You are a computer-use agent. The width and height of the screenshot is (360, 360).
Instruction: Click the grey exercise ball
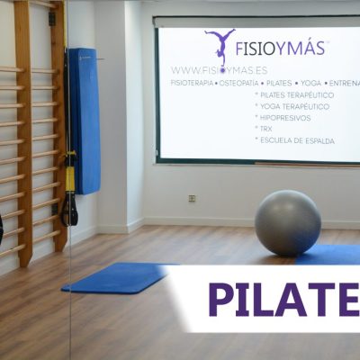point(287,222)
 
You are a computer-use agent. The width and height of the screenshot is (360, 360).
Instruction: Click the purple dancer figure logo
point(220,45)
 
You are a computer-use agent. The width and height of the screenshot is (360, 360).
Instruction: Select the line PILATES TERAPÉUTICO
point(295,94)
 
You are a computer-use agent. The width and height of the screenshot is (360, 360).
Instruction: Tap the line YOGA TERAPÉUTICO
point(292,106)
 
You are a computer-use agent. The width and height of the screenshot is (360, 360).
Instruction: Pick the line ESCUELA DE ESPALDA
point(293,140)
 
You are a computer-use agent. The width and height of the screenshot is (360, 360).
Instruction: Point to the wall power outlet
point(192,198)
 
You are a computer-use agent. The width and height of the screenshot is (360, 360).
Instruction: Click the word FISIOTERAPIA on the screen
point(193,82)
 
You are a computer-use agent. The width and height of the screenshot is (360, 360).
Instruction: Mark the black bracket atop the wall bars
point(52,17)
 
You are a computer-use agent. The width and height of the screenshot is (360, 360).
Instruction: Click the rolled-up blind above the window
point(256,21)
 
